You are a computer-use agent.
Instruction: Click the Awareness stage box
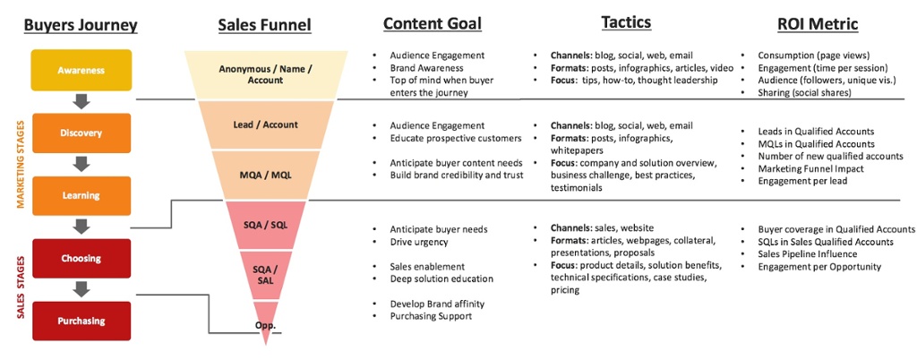tap(81, 70)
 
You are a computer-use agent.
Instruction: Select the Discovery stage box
tap(81, 133)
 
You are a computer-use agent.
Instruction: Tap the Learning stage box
tap(81, 195)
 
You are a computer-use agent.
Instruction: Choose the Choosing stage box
tap(81, 259)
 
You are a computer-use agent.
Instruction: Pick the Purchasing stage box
tap(81, 321)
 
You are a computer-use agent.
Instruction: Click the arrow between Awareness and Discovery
tap(81, 101)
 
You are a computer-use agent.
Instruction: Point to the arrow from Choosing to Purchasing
tap(81, 289)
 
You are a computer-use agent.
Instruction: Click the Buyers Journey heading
tap(81, 25)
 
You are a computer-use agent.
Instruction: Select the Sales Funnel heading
tap(265, 25)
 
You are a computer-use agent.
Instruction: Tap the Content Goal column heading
tap(432, 23)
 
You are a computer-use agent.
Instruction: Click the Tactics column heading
tap(626, 21)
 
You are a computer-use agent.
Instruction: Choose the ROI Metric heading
tap(818, 25)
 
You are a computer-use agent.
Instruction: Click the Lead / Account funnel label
tap(265, 125)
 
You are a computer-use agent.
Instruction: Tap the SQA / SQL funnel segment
tap(265, 225)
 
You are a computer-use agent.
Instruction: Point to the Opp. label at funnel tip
tap(265, 326)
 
